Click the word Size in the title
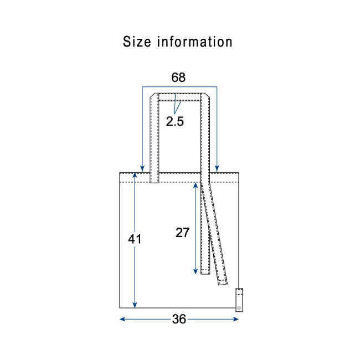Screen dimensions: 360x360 click(x=137, y=42)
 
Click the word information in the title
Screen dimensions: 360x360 click(x=195, y=42)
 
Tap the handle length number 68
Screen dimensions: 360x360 click(x=178, y=78)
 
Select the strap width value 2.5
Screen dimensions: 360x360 click(x=175, y=121)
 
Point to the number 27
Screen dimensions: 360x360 click(x=183, y=233)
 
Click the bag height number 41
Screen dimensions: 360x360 click(x=135, y=239)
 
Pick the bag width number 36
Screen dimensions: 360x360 click(x=179, y=319)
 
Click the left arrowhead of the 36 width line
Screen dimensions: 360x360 click(x=122, y=319)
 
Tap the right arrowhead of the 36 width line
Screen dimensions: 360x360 click(x=236, y=319)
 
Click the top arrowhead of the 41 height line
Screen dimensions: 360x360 click(x=135, y=176)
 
